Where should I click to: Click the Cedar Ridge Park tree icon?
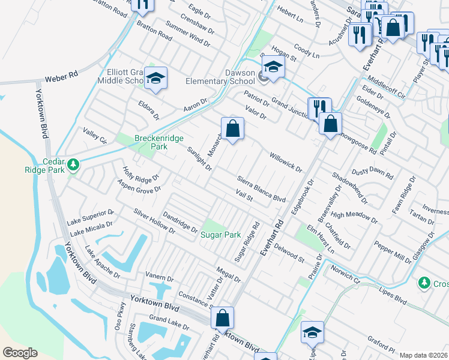pyautogui.click(x=73, y=164)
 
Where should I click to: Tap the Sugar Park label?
pyautogui.click(x=220, y=235)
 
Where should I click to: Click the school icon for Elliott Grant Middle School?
pyautogui.click(x=155, y=78)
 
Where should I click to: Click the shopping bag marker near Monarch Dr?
pyautogui.click(x=232, y=128)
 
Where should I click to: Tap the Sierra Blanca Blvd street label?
pyautogui.click(x=261, y=188)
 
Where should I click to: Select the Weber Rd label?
pyautogui.click(x=62, y=77)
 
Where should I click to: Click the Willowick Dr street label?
pyautogui.click(x=285, y=161)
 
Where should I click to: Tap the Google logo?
pyautogui.click(x=20, y=353)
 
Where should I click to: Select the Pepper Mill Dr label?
pyautogui.click(x=393, y=253)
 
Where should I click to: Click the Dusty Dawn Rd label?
pyautogui.click(x=372, y=172)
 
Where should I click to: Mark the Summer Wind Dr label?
pyautogui.click(x=187, y=35)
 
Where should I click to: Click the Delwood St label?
pyautogui.click(x=289, y=251)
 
